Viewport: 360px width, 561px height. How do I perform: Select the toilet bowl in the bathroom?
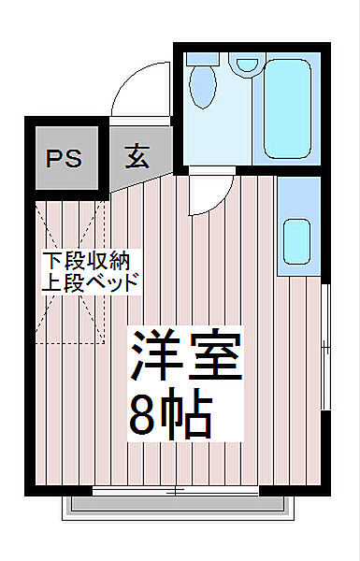(x=202, y=90)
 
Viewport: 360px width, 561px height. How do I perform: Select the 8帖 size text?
(x=173, y=416)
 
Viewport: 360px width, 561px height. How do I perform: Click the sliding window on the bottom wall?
(x=178, y=489)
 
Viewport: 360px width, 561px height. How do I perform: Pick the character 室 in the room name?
(x=215, y=356)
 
